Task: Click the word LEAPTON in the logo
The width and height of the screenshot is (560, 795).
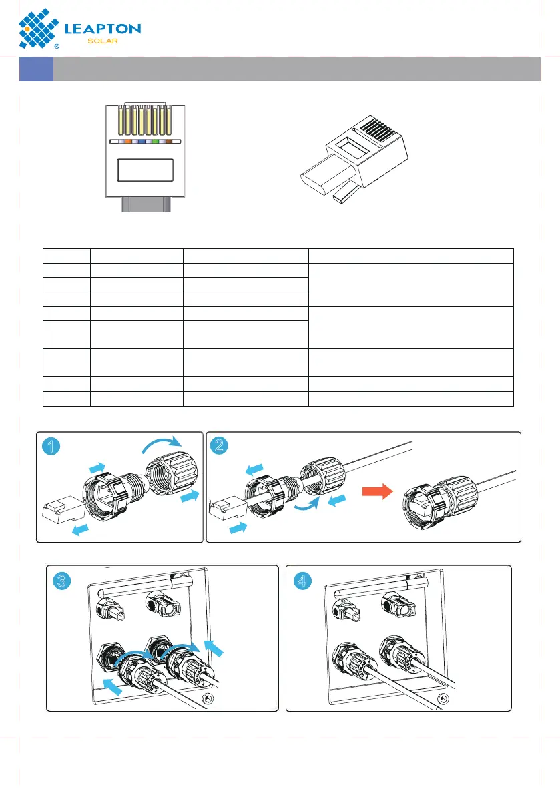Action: (102, 29)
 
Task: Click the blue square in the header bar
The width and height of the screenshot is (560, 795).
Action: (36, 69)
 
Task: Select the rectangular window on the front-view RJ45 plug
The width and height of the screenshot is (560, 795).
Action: (145, 170)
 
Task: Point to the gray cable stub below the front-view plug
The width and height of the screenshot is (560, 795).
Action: (145, 206)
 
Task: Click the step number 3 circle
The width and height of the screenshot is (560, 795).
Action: (61, 581)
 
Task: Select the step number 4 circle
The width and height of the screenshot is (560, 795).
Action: (302, 581)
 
